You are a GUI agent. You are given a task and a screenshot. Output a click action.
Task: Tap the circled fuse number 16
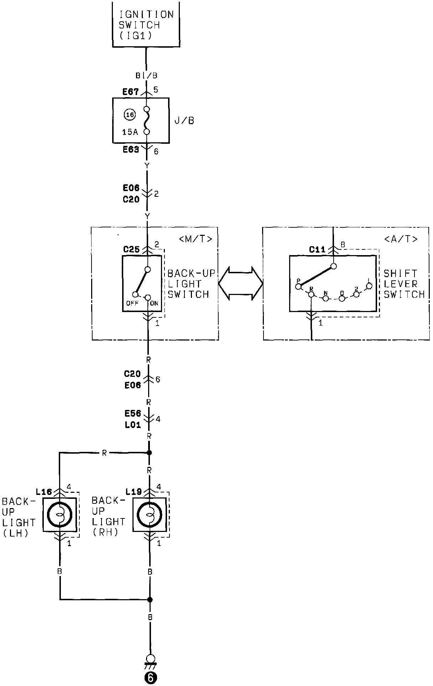(x=130, y=115)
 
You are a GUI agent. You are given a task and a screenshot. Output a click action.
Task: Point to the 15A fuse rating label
(x=130, y=132)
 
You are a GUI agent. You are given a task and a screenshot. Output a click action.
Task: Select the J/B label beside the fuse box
(x=184, y=121)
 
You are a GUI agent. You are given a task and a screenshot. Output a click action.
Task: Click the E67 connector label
(x=130, y=92)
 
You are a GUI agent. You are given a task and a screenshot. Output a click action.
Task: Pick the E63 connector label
(x=131, y=149)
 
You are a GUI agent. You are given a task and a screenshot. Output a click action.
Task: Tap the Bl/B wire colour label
(x=146, y=75)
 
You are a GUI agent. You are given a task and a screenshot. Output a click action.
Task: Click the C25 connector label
(x=131, y=249)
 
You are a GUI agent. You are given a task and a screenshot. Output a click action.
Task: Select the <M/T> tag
(x=196, y=239)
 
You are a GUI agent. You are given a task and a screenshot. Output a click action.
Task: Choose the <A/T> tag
(x=401, y=239)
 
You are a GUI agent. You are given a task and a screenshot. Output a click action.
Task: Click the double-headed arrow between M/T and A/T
(x=240, y=284)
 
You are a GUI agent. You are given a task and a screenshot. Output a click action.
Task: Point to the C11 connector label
(x=317, y=249)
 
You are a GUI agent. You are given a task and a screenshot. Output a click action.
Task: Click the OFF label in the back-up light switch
(x=132, y=304)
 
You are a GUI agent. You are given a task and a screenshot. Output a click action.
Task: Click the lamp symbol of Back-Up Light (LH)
(x=59, y=514)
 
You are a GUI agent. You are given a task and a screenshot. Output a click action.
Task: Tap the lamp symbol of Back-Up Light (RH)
(x=150, y=514)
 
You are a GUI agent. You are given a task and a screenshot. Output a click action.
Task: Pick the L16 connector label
(x=44, y=492)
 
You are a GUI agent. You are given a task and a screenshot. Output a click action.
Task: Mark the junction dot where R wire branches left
(x=150, y=453)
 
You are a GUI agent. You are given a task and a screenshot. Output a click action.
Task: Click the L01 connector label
(x=132, y=425)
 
